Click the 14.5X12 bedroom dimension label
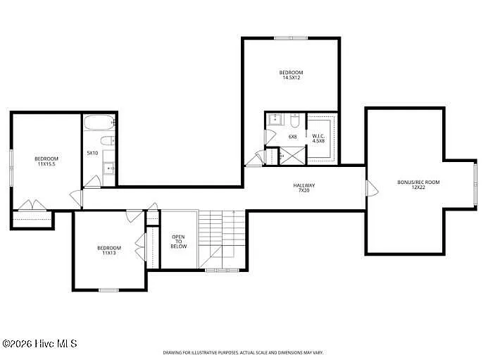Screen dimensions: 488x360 291,77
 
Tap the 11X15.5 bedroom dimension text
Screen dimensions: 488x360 46,164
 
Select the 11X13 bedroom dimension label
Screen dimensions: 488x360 109,253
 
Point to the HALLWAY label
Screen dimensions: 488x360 304,185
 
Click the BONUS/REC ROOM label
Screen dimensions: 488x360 418,182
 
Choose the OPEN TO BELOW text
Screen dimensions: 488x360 179,242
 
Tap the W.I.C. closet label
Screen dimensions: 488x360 318,136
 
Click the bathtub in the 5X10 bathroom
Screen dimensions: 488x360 99,123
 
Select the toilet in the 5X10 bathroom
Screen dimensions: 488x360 108,141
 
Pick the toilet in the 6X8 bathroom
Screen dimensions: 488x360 294,120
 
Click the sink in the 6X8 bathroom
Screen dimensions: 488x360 275,119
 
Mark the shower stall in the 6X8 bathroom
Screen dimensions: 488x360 292,156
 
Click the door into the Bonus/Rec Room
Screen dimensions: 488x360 372,188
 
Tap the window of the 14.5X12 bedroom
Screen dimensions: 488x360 291,38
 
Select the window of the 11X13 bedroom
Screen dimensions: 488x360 108,290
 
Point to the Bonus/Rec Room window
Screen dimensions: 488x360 475,184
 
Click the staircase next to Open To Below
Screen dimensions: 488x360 223,239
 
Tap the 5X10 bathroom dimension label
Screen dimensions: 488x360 92,153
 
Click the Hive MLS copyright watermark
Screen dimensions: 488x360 39,344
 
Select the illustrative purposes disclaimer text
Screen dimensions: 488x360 244,352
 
